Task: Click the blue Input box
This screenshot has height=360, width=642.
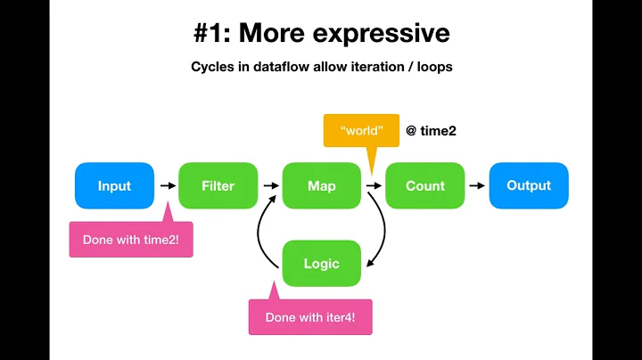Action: tap(114, 186)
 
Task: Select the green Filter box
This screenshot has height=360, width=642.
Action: tap(218, 186)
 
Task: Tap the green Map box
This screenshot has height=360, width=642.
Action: tap(321, 186)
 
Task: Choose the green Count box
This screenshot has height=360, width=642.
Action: tap(424, 186)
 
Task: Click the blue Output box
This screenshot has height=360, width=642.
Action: tap(528, 185)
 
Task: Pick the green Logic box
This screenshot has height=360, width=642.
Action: tap(321, 263)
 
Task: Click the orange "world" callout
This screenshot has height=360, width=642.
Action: tap(359, 131)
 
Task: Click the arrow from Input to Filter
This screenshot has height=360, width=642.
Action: tap(166, 186)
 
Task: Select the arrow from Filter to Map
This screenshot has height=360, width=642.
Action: tap(269, 186)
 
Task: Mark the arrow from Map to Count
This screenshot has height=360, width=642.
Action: tap(373, 186)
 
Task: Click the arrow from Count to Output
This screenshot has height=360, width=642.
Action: tap(476, 186)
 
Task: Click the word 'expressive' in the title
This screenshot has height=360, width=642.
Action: tap(386, 34)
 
